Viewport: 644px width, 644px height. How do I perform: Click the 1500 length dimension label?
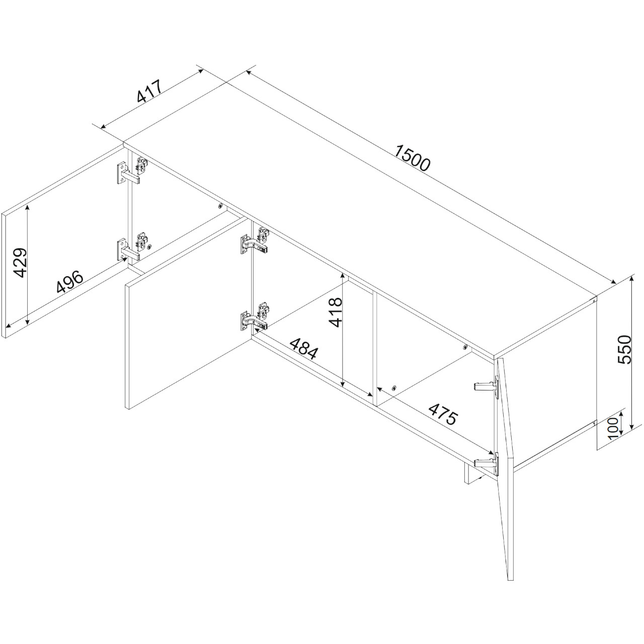(412, 158)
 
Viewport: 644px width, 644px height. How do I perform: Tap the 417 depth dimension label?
(149, 91)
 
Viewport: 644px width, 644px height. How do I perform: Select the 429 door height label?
(21, 263)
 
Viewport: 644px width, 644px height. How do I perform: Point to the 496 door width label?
(69, 282)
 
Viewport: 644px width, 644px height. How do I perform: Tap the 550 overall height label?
(623, 350)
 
